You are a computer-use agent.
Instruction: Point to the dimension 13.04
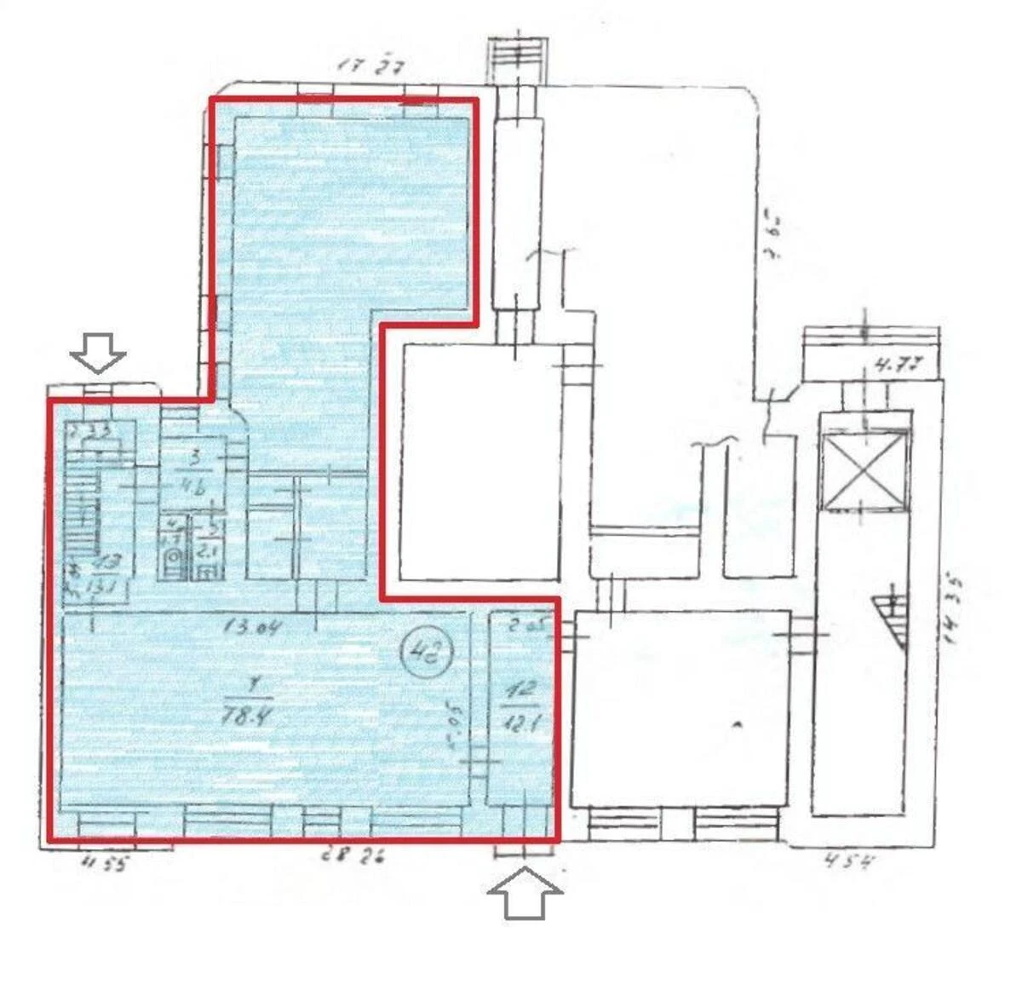point(252,628)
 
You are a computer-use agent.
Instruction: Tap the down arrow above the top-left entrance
point(98,353)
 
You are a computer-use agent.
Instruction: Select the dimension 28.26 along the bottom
point(351,855)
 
